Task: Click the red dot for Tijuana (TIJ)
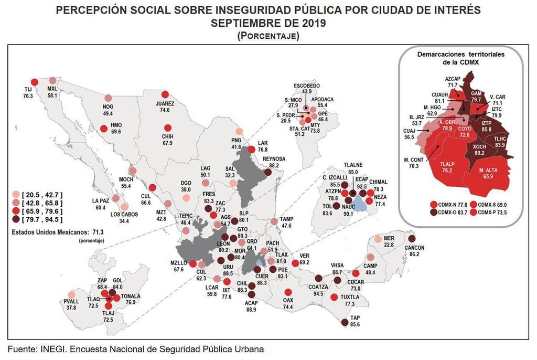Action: (x=35, y=82)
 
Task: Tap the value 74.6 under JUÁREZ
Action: (x=165, y=110)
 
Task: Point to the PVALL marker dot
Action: (x=72, y=294)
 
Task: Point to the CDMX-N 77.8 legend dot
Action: (x=433, y=204)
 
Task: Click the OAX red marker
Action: (x=288, y=293)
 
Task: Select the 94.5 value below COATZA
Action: (x=318, y=294)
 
